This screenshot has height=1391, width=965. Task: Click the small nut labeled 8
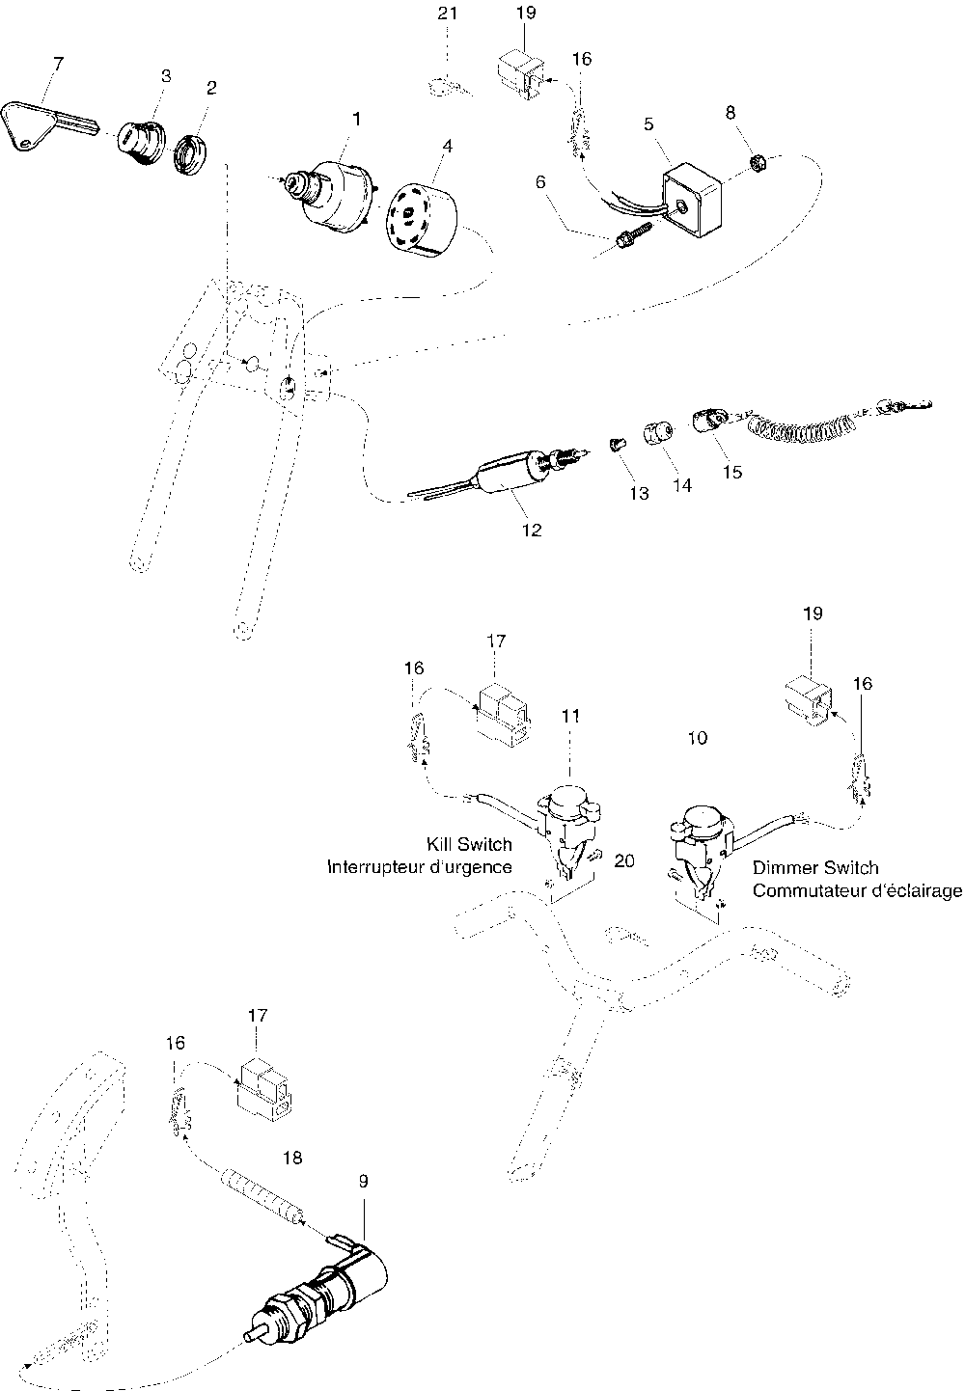(759, 163)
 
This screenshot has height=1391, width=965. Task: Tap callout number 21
(448, 14)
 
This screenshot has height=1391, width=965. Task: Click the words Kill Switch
(469, 844)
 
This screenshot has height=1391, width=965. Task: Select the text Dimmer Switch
(815, 868)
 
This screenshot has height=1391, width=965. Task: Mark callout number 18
(291, 1158)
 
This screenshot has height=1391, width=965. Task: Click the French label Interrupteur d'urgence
(419, 866)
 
